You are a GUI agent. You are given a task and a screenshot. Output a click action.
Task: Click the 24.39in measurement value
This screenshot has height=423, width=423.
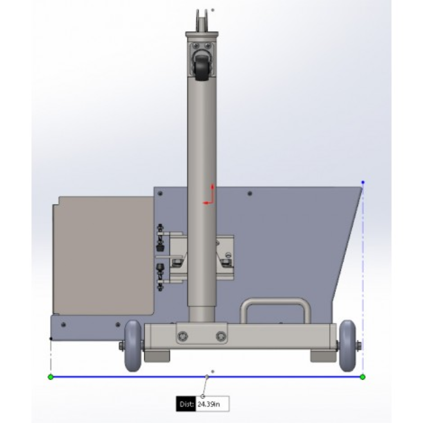pos(208,404)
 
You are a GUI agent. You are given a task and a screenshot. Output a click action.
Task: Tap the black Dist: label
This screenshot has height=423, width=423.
pos(186,404)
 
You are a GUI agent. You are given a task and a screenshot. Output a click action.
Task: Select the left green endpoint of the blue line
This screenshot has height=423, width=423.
pos(51,377)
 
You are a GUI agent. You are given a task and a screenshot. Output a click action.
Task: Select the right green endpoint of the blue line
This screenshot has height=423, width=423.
pos(363,377)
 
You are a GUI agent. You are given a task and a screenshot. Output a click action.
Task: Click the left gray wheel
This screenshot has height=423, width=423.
pos(133,345)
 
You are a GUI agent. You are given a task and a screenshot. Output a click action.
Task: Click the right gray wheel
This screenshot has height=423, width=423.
pos(347,345)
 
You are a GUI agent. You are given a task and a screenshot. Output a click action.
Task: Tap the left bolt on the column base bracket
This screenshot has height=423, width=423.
pos(183,336)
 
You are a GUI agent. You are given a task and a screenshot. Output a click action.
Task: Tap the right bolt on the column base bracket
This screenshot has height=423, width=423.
pos(221,336)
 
